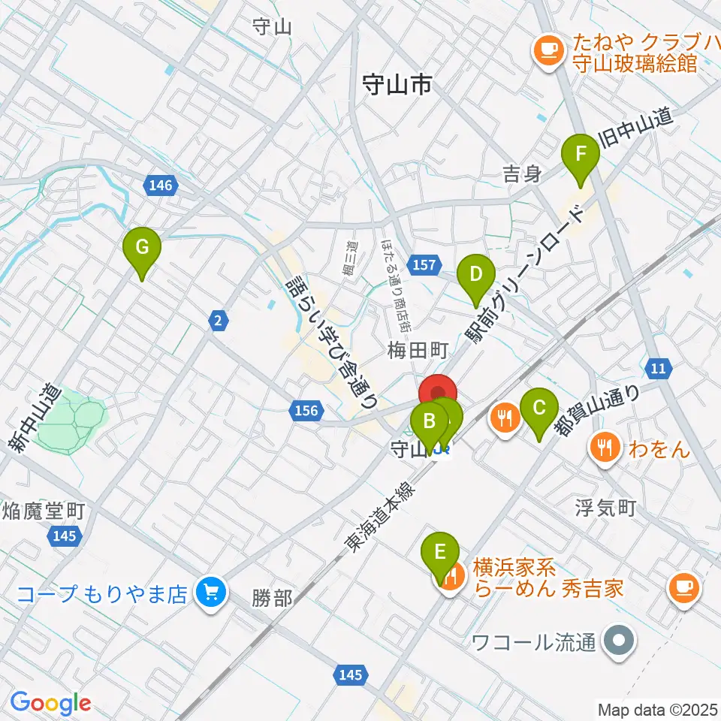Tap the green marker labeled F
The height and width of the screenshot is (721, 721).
(581, 154)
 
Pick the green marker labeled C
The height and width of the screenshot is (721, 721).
(539, 409)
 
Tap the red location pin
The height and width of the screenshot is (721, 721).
(437, 394)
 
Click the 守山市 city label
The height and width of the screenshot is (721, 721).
(396, 86)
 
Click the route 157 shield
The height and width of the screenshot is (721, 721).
(424, 264)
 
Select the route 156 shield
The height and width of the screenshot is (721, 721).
(306, 410)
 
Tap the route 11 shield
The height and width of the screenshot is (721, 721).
(659, 368)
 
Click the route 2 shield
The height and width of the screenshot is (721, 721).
(218, 321)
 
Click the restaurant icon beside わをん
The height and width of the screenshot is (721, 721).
(605, 450)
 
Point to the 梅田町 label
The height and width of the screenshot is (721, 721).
(418, 350)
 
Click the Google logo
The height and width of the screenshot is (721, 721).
(50, 703)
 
